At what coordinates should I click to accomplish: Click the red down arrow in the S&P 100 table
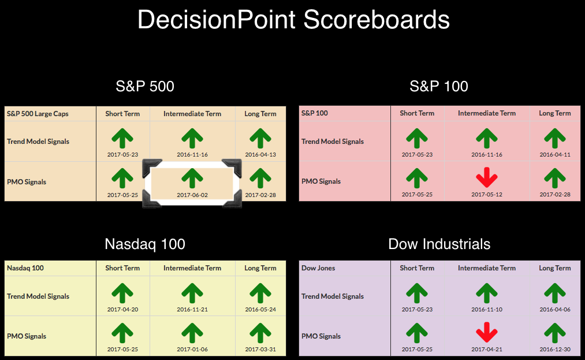click(486, 177)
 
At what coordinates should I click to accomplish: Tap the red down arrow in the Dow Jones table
click(486, 332)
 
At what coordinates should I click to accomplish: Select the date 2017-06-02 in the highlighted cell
click(192, 195)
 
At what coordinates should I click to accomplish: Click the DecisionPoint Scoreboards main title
click(293, 20)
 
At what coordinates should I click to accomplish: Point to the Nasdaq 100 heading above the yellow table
click(145, 244)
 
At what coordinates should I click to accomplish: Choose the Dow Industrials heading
click(439, 244)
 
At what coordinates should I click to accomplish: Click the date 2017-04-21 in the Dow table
click(486, 350)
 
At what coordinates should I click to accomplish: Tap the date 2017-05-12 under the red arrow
click(486, 195)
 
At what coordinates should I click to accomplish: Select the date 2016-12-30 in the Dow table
click(555, 350)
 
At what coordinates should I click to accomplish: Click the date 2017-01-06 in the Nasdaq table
click(192, 350)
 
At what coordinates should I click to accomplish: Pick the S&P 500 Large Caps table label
click(38, 114)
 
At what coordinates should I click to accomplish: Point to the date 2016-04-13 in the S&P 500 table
click(260, 155)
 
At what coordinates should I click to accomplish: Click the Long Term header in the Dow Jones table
click(555, 268)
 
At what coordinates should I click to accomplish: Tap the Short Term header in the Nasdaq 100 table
click(122, 268)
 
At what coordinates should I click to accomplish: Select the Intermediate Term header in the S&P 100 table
click(486, 113)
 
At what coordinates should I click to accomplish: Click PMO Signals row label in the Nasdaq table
click(27, 336)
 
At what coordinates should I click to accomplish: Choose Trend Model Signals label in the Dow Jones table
click(333, 296)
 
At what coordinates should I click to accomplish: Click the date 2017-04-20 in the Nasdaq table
click(122, 310)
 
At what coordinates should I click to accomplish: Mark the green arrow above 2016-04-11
click(555, 139)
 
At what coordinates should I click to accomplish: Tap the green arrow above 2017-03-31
click(260, 333)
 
